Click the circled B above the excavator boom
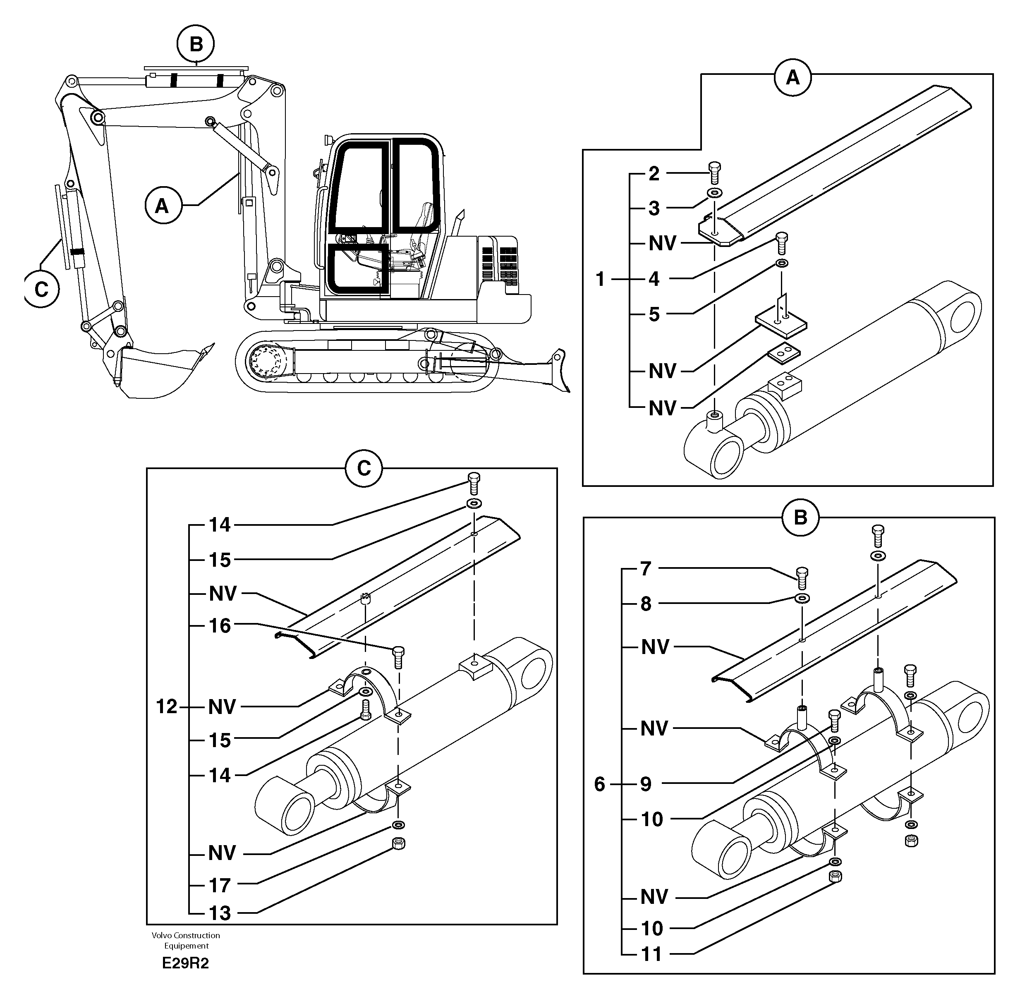click(x=196, y=45)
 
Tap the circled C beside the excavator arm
click(x=41, y=289)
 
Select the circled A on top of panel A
click(x=793, y=78)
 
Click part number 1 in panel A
click(x=601, y=279)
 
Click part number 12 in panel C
click(x=167, y=707)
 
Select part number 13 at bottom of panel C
click(x=220, y=913)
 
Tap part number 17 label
click(x=220, y=886)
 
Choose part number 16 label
click(x=220, y=625)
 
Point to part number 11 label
click(x=652, y=954)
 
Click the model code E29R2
click(x=185, y=964)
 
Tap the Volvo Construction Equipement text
click(x=186, y=940)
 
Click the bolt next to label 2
click(x=714, y=172)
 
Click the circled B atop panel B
click(x=800, y=518)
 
